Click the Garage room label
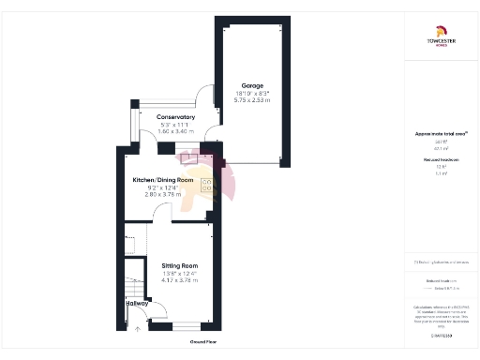click(x=252, y=84)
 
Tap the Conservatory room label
click(x=175, y=116)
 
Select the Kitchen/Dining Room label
click(x=162, y=180)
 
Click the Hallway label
click(x=137, y=303)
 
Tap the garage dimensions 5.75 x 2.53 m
click(x=252, y=99)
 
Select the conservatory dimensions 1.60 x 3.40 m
click(x=175, y=132)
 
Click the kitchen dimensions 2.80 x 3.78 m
click(x=162, y=195)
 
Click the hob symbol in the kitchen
click(x=207, y=184)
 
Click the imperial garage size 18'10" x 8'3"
click(x=252, y=92)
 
